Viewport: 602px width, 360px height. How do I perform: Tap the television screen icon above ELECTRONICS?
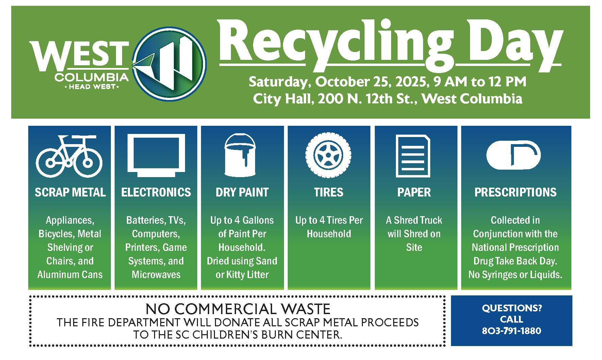click(x=156, y=155)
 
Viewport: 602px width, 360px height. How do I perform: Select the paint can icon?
click(x=240, y=155)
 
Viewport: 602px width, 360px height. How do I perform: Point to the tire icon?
click(x=328, y=155)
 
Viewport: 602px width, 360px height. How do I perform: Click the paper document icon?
click(x=413, y=156)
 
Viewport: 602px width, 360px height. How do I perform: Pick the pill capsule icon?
click(x=513, y=155)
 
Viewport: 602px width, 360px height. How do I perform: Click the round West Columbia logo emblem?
click(x=169, y=64)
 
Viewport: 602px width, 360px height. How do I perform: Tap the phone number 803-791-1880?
click(x=511, y=331)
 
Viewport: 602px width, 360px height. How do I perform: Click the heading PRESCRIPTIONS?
click(x=515, y=192)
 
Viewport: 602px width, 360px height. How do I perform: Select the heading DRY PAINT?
click(x=242, y=192)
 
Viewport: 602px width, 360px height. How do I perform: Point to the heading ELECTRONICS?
click(x=156, y=192)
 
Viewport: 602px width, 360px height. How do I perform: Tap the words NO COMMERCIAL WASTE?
click(x=238, y=309)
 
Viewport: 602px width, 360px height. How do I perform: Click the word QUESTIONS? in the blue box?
click(x=512, y=308)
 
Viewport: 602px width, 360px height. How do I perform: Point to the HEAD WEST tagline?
click(x=92, y=87)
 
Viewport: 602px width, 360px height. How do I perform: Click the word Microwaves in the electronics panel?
click(x=156, y=275)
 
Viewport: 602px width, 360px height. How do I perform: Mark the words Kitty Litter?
click(x=247, y=275)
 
